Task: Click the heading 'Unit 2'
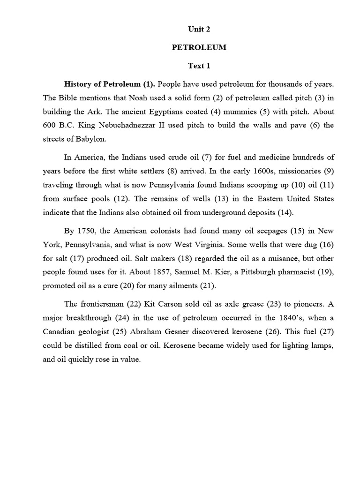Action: pyautogui.click(x=199, y=29)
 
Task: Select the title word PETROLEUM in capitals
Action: pyautogui.click(x=199, y=47)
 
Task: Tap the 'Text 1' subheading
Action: pyautogui.click(x=199, y=66)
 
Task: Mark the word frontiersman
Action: pyautogui.click(x=108, y=304)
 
